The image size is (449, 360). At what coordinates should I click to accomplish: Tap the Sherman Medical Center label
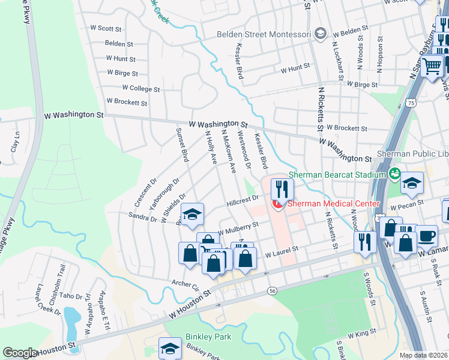[333, 203]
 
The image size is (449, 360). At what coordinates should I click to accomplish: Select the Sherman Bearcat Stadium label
[336, 175]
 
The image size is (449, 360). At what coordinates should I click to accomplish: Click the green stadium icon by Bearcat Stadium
[394, 175]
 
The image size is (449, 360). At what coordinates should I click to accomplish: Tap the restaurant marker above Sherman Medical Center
[281, 190]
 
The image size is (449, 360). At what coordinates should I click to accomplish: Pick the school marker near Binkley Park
[170, 348]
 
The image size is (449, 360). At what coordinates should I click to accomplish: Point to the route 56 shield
[273, 290]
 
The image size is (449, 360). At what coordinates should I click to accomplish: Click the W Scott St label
[106, 28]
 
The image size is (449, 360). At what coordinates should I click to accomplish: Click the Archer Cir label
[184, 283]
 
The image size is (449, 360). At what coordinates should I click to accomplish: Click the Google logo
[20, 353]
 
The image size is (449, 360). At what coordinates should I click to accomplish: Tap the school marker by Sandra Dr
[192, 214]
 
